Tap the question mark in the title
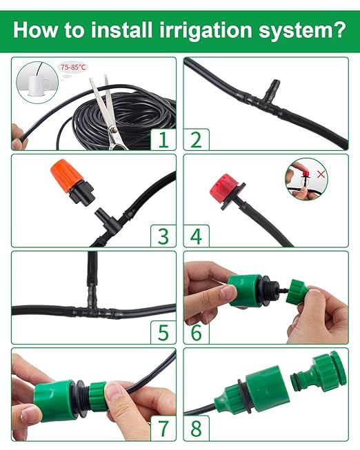point(339,31)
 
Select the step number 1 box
point(163,139)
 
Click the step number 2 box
point(197,139)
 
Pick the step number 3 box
point(163,236)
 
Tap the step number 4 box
point(197,236)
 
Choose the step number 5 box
point(163,332)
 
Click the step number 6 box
point(197,332)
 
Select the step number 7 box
point(163,429)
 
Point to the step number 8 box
point(197,429)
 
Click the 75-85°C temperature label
point(74,67)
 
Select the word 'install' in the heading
point(113,31)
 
